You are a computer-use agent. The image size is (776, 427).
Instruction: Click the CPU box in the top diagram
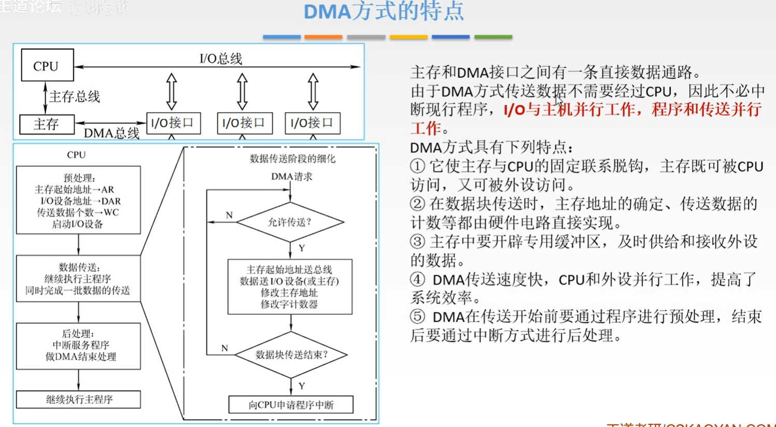[47, 65]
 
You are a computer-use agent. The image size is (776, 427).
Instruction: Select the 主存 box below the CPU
[47, 124]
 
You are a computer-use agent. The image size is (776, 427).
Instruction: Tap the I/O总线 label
[221, 59]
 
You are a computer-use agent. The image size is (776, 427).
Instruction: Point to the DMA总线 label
[111, 133]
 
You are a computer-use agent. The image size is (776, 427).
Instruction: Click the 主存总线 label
[74, 96]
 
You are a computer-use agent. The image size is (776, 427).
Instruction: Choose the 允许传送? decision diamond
[290, 222]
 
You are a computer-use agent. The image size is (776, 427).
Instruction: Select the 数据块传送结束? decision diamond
[291, 354]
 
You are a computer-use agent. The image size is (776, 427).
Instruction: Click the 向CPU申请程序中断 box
[291, 405]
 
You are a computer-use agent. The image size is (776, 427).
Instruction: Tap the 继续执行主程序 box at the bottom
[78, 400]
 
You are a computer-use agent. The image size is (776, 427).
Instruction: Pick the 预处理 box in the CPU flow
[78, 200]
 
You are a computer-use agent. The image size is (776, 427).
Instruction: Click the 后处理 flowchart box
[78, 346]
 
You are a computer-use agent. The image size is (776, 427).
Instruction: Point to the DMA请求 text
[292, 177]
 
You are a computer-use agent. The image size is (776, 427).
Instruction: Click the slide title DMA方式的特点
[383, 11]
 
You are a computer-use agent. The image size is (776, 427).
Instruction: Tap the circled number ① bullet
[417, 166]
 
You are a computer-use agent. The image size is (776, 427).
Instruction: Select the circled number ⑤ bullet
[417, 317]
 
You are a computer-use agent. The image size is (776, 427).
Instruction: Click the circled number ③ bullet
[417, 241]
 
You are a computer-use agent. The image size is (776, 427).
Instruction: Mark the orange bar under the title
[323, 37]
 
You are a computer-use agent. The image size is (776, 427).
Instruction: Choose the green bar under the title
[493, 37]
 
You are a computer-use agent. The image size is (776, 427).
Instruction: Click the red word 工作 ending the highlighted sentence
[426, 128]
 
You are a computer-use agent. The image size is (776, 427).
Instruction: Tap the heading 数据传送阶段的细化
[292, 159]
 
